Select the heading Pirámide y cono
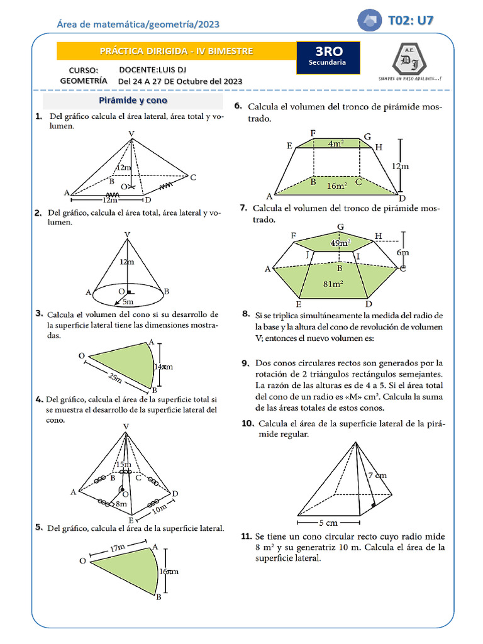coord(133,101)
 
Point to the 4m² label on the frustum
coord(336,143)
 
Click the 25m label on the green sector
coord(114,377)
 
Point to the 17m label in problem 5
coord(118,548)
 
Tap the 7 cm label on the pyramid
coord(377,475)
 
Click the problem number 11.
coord(247,536)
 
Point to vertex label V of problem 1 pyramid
coord(131,133)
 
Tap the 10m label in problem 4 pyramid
coord(160,507)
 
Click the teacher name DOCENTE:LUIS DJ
coord(152,69)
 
